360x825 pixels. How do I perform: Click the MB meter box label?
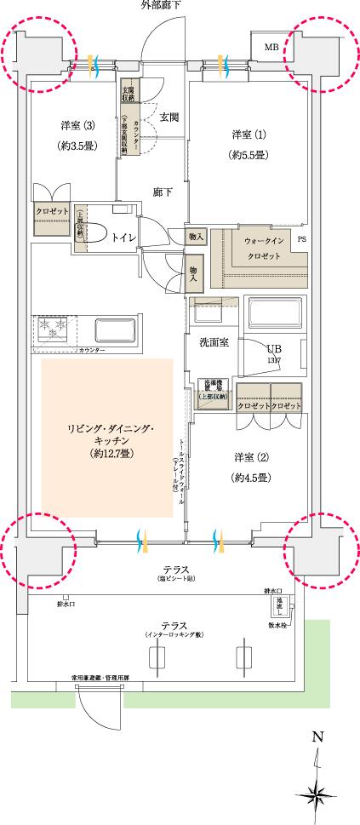tap(271, 46)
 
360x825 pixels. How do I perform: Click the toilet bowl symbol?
tap(95, 234)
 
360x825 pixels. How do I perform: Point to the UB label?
tap(273, 349)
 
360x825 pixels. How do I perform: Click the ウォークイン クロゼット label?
tap(256, 247)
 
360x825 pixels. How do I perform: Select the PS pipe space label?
tap(301, 240)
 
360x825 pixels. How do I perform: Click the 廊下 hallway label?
tap(163, 192)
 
